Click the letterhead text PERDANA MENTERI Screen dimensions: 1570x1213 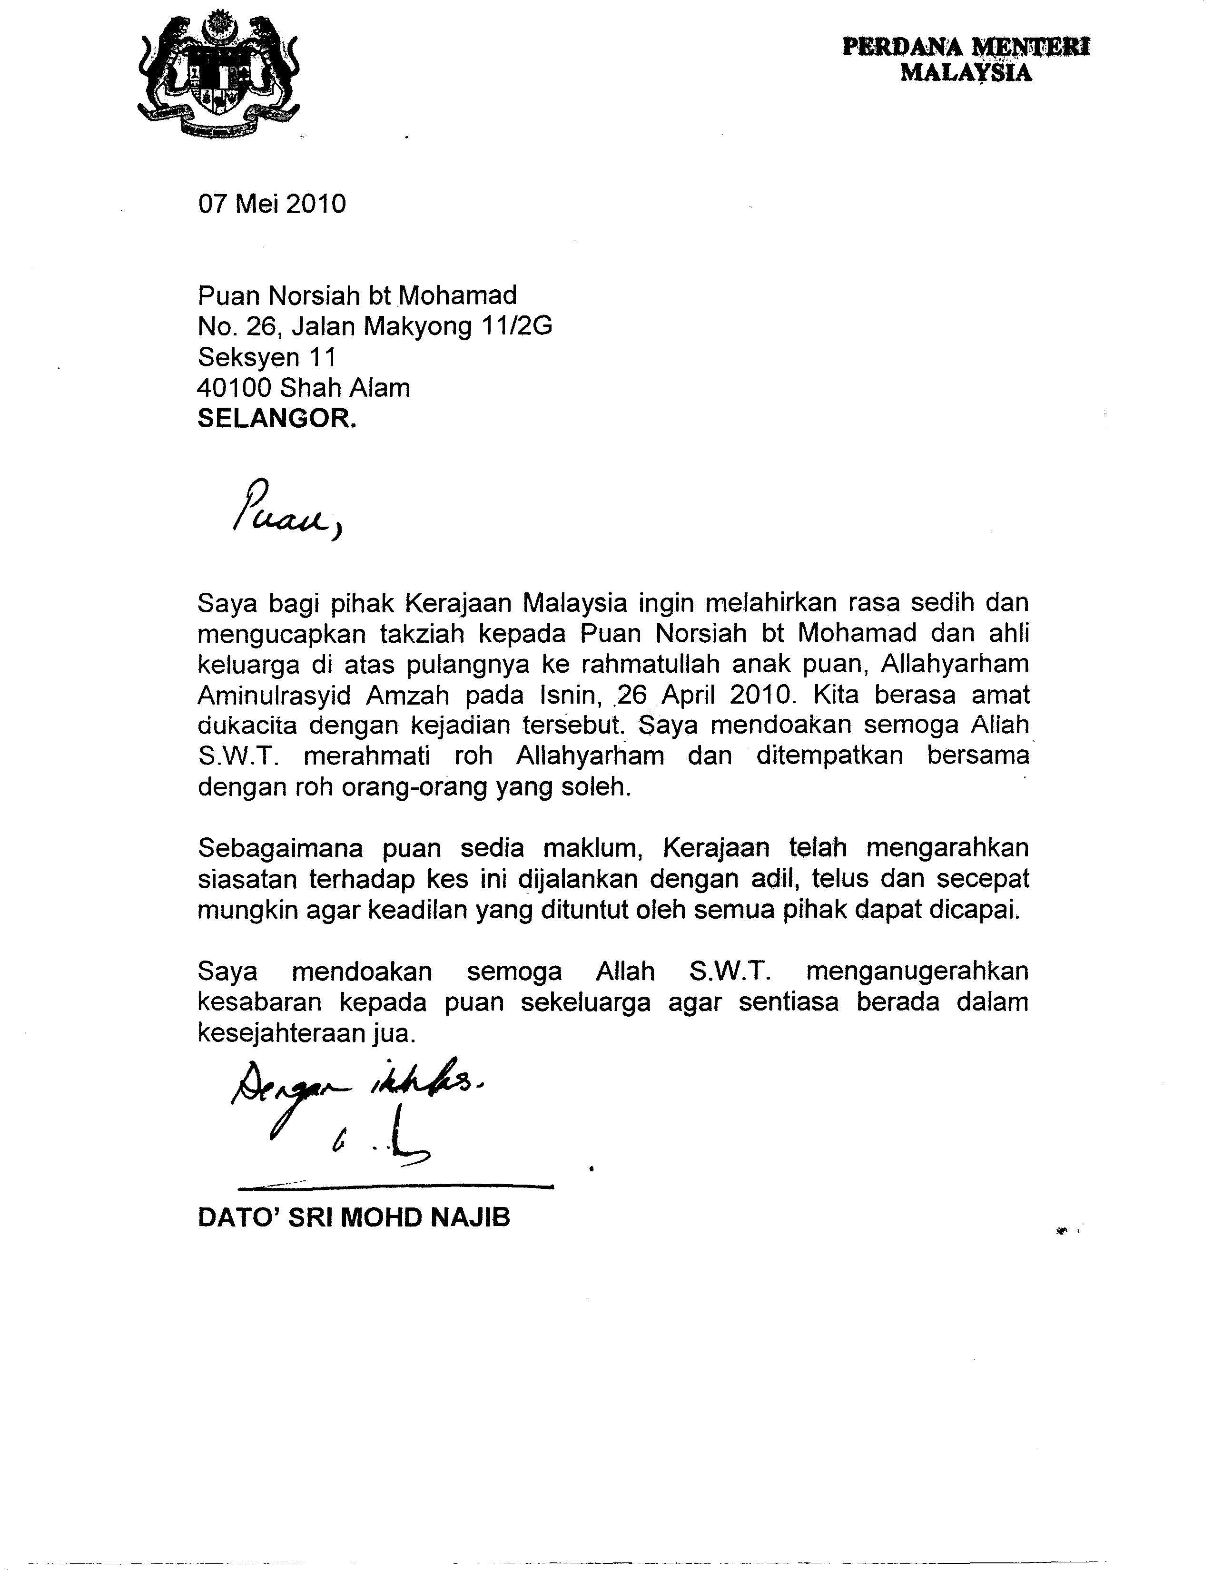[966, 48]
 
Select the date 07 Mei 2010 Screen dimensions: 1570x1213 [272, 204]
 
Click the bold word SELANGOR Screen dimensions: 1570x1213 [277, 419]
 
